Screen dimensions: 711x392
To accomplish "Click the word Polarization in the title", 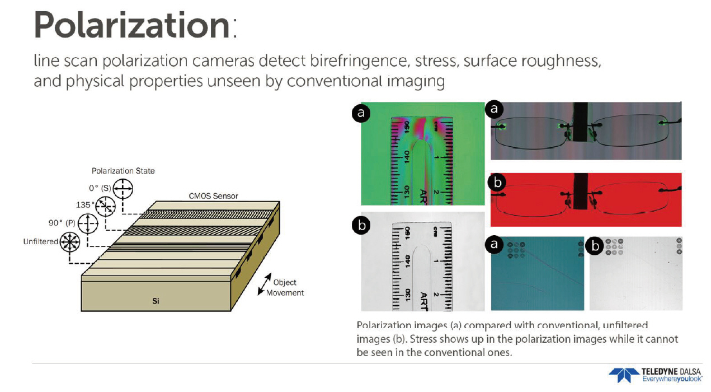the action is pos(131,25).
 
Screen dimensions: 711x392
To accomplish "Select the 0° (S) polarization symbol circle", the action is pos(123,188).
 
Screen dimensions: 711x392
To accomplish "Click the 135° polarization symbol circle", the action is pos(106,206).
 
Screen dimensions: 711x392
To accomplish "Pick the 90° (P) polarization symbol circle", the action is pos(88,223).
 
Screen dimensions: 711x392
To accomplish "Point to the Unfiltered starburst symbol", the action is pos(70,242).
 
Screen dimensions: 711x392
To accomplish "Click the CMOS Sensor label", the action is pos(213,196).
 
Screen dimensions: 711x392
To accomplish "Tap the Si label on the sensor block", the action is pos(156,301).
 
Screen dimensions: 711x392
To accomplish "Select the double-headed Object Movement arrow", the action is pos(265,284).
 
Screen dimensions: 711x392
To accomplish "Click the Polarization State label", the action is pos(123,171).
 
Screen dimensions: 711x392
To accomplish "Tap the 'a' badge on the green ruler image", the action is pos(361,113).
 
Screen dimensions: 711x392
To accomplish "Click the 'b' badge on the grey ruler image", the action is pos(361,225).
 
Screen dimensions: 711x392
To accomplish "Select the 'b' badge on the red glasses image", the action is pos(497,183).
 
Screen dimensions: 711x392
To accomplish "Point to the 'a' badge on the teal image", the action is pos(494,244).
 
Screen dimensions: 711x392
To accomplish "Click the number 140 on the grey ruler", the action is pos(408,262).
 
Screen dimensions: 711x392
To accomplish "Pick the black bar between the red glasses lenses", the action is pos(581,191).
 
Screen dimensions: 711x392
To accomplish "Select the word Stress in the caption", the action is pos(423,339).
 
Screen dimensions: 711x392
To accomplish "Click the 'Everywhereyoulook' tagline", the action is pos(672,379).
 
